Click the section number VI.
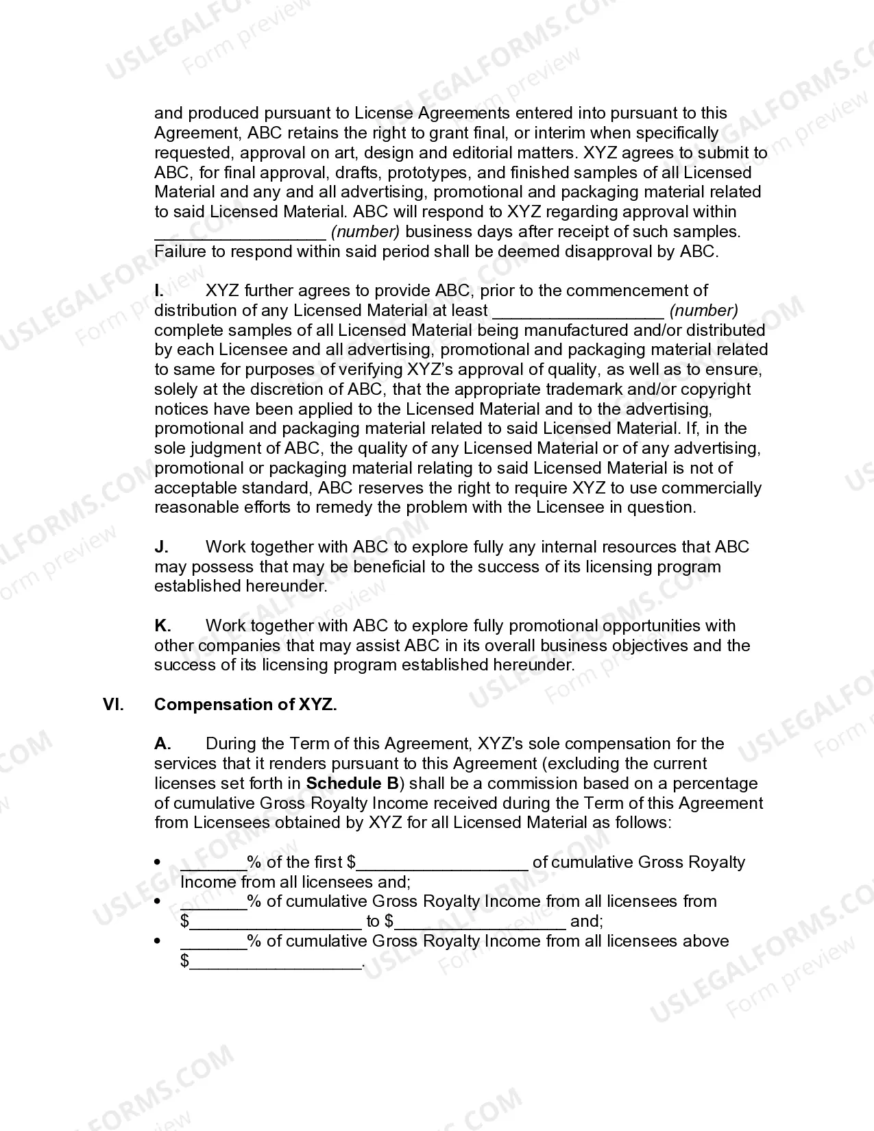pyautogui.click(x=113, y=705)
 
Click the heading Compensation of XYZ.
pyautogui.click(x=245, y=705)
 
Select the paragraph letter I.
pyautogui.click(x=159, y=291)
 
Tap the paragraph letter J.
pyautogui.click(x=161, y=547)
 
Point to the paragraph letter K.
pyautogui.click(x=162, y=626)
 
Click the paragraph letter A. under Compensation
pyautogui.click(x=162, y=744)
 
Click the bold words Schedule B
pyautogui.click(x=352, y=783)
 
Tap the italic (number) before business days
pyautogui.click(x=365, y=232)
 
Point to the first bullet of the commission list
pyautogui.click(x=158, y=862)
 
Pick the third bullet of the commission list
pyautogui.click(x=158, y=941)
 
